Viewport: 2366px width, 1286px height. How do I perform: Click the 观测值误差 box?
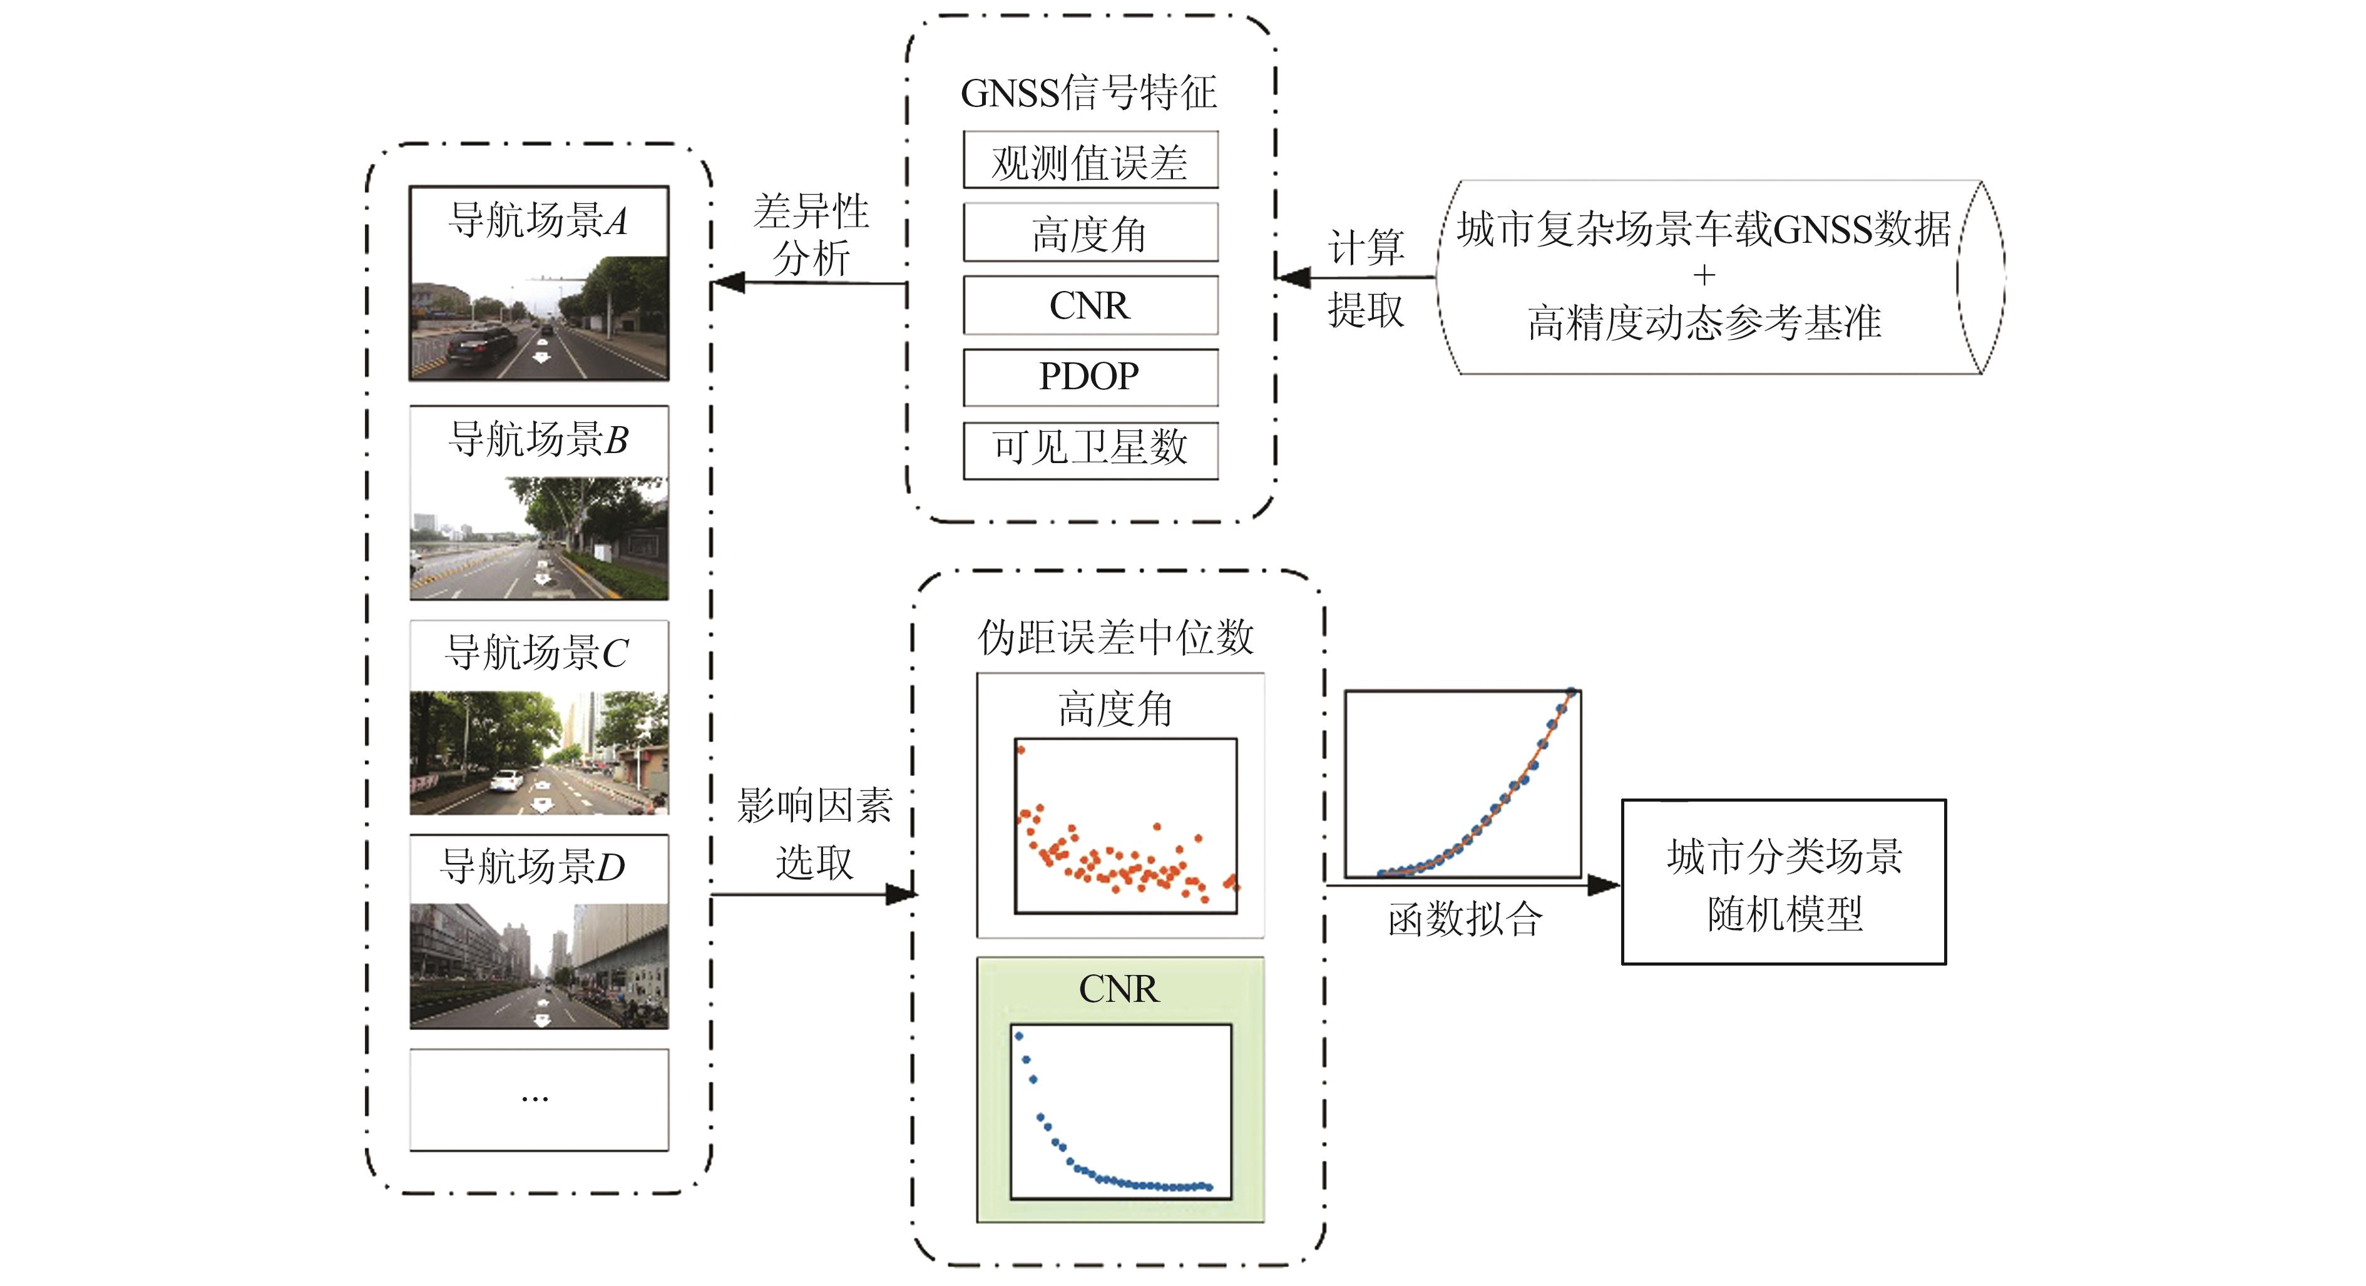(1090, 161)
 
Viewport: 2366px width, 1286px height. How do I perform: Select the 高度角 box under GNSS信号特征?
(1090, 233)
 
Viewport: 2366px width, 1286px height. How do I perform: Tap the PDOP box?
(1090, 377)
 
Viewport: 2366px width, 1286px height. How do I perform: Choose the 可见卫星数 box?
(1090, 449)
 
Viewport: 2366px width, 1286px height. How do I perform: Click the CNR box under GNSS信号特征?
(1090, 305)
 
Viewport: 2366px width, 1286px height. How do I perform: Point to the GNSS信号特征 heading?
(1088, 93)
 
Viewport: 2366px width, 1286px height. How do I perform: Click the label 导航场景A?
(538, 220)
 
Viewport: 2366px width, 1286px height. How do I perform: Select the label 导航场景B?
(538, 439)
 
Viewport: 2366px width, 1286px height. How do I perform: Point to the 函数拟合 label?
(1465, 919)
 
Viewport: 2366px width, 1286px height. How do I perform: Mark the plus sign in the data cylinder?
(1704, 275)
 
